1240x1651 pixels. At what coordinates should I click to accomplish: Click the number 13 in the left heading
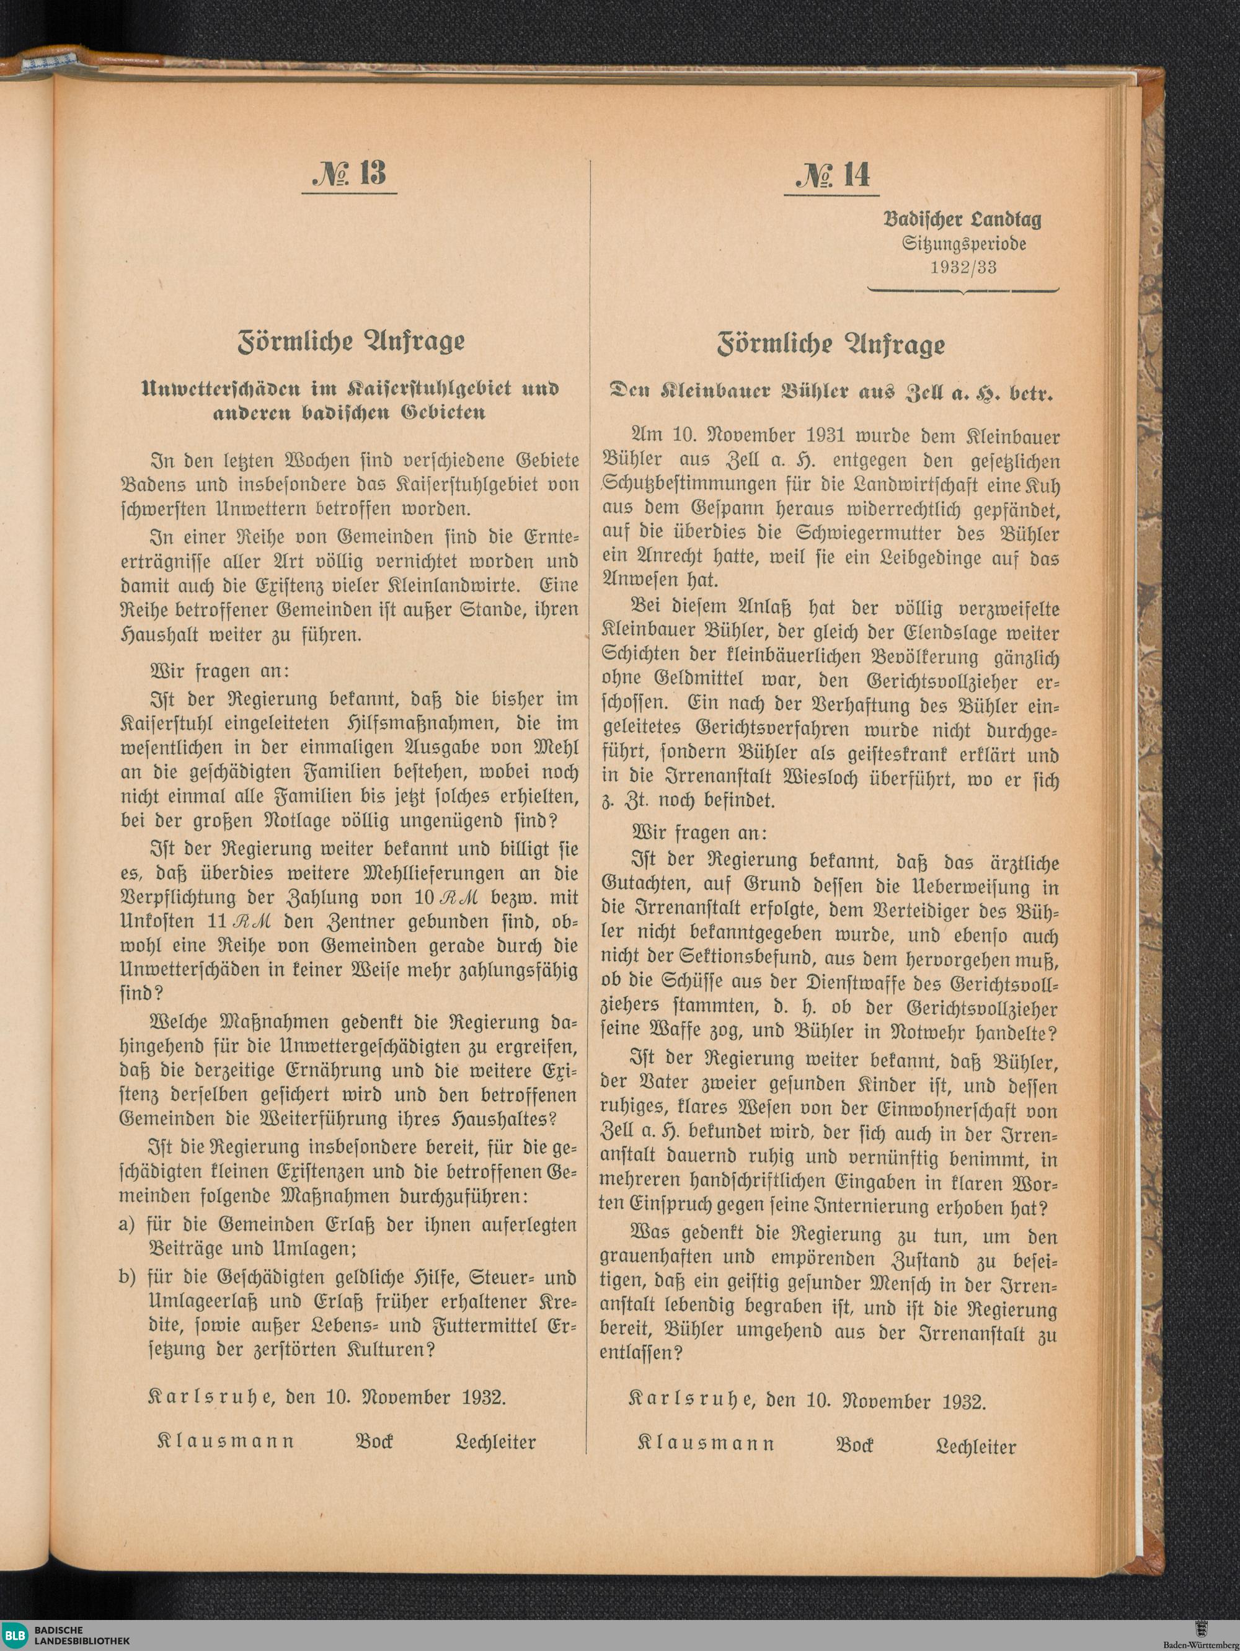tap(373, 172)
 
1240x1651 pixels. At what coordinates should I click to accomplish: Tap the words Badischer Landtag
tap(962, 219)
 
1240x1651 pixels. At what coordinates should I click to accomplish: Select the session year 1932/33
tap(963, 268)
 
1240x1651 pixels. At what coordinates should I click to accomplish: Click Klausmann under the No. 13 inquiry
tap(226, 1441)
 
